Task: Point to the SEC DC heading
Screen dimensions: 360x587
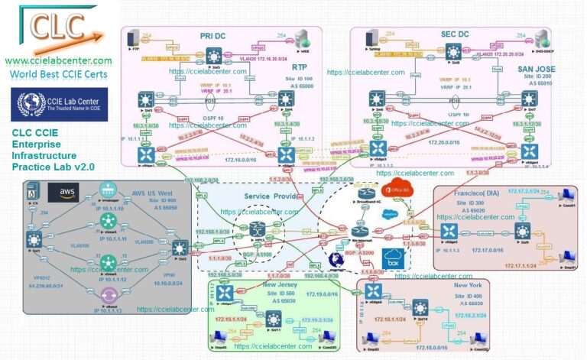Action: [x=435, y=36]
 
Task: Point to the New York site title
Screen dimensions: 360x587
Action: [x=456, y=284]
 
